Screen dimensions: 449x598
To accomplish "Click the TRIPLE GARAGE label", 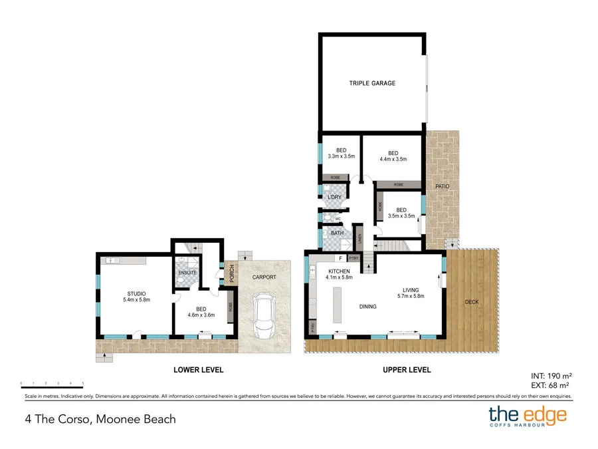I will [372, 83].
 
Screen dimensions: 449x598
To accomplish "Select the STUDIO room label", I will [136, 293].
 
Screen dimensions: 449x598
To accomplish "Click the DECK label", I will [472, 302].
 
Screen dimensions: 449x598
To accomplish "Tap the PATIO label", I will [443, 186].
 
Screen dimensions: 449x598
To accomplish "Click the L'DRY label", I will [334, 198].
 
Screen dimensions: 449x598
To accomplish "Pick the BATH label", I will [337, 233].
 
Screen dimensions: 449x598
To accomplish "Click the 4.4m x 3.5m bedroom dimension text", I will [392, 160].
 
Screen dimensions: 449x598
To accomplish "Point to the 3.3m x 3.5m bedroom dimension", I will [342, 156].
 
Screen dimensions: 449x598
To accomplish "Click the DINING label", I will [367, 307].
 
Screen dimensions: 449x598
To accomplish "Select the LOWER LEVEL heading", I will [198, 370].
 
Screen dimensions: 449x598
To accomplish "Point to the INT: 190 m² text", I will [551, 375].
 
